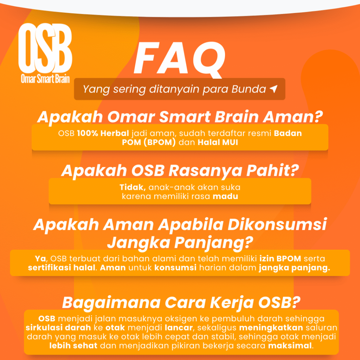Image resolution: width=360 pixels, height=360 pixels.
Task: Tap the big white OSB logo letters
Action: (45, 48)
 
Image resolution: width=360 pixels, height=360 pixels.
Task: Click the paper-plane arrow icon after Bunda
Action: (274, 89)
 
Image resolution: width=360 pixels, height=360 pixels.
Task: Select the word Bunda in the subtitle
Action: (249, 89)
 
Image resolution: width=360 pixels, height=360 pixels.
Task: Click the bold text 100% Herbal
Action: (103, 133)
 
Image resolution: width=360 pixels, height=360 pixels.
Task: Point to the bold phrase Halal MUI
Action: (218, 142)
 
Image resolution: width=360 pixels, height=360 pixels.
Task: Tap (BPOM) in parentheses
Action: (160, 142)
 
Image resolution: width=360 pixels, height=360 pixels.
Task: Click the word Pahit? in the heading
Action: (272, 171)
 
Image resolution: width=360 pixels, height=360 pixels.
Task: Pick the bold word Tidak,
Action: (133, 187)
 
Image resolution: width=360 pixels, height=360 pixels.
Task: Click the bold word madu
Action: (225, 196)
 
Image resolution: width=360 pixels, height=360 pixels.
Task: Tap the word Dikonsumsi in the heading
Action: (277, 224)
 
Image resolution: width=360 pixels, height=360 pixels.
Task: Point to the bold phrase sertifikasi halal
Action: (62, 268)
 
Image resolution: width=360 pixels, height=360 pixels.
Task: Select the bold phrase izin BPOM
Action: (280, 258)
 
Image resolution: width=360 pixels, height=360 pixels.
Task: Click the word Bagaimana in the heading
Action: (111, 303)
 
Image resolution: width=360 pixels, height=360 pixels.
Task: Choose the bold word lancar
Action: (179, 328)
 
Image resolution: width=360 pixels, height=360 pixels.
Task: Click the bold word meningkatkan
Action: (271, 328)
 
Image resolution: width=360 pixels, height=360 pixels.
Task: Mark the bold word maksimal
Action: (290, 346)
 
